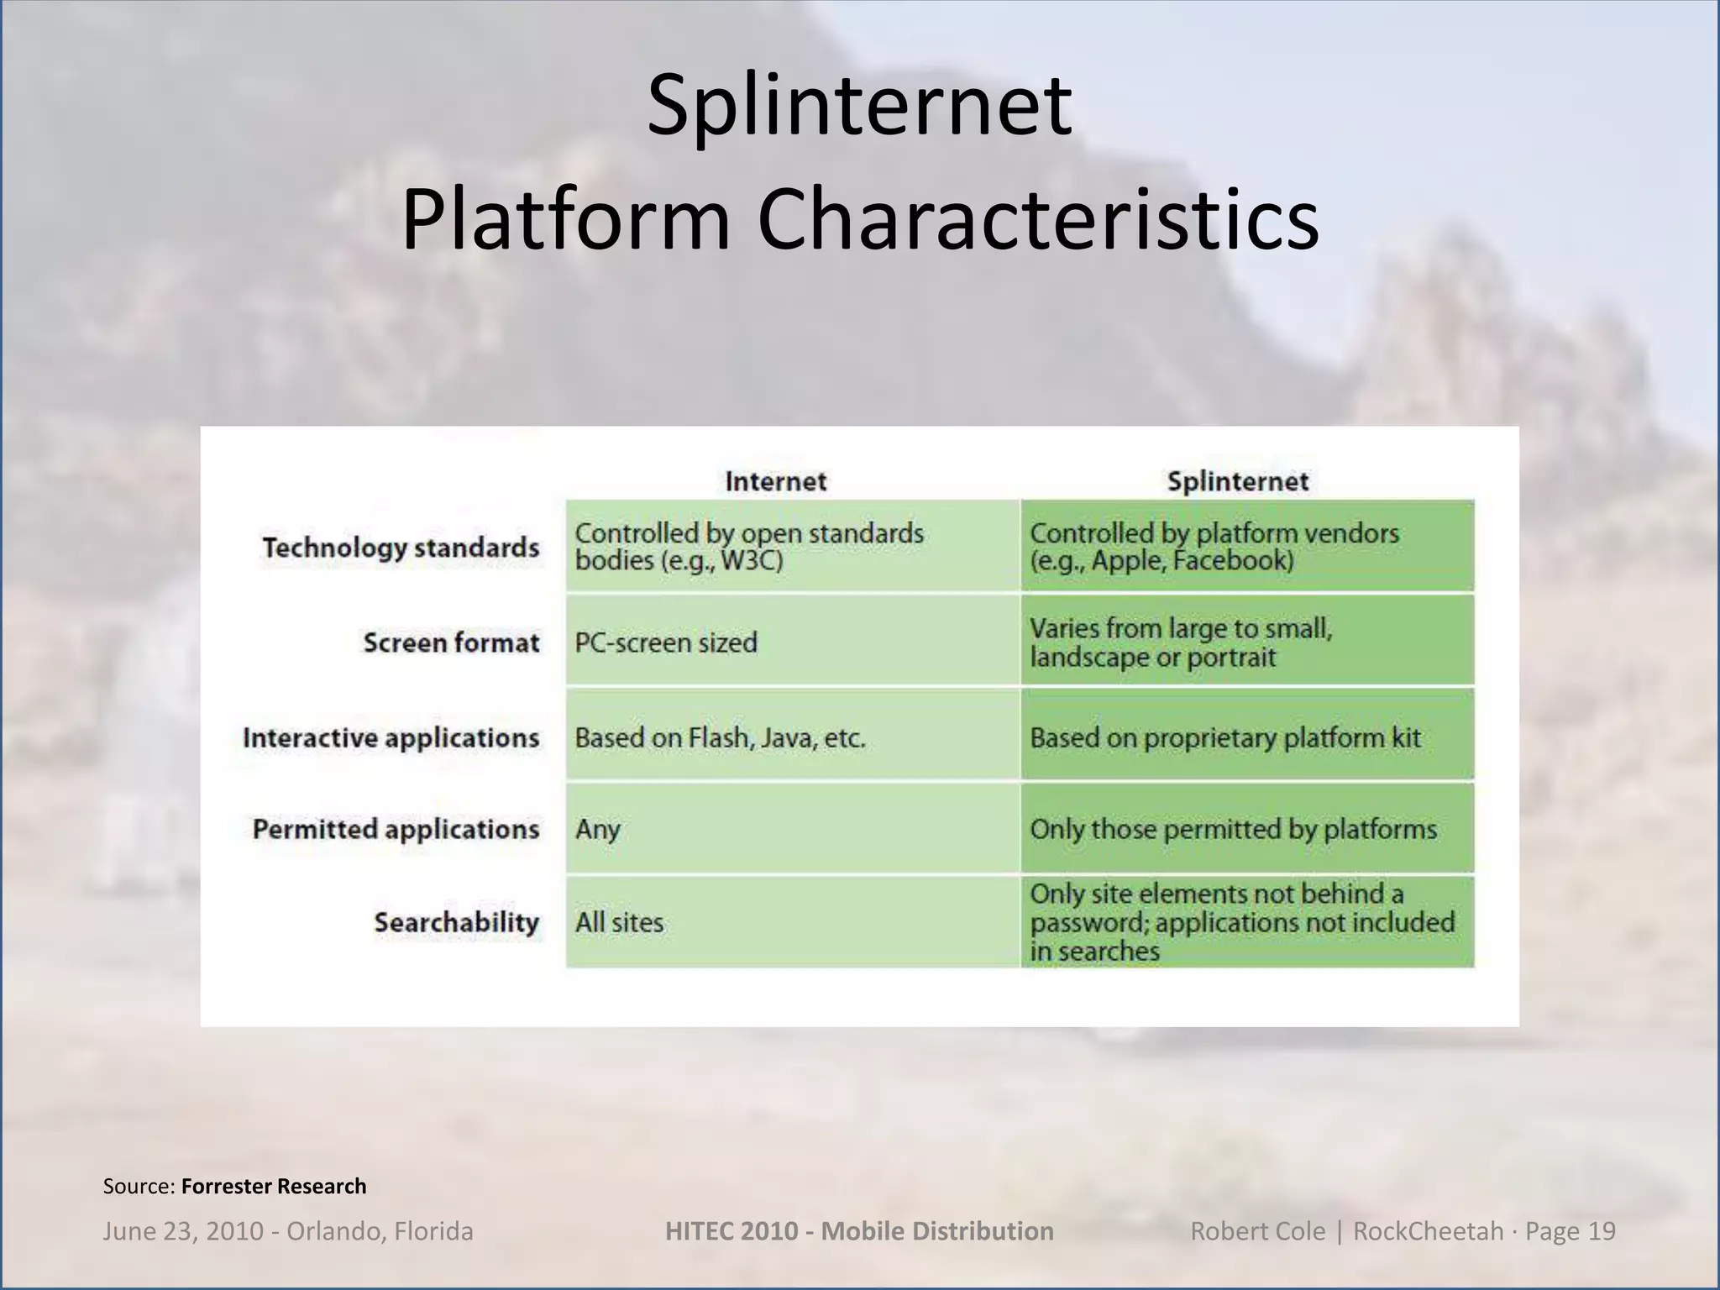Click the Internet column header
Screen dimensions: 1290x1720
(x=775, y=481)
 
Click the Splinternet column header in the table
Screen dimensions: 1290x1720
(x=1237, y=481)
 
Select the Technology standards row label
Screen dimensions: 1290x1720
(x=401, y=548)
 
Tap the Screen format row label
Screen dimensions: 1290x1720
(x=451, y=642)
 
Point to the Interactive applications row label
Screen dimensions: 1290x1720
(x=391, y=737)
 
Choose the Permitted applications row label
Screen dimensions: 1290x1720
(x=396, y=829)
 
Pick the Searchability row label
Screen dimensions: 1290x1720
(x=456, y=922)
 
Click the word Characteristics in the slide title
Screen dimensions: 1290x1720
(x=1037, y=220)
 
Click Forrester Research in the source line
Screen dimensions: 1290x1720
(x=274, y=1186)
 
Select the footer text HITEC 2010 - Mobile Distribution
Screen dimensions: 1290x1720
(x=859, y=1231)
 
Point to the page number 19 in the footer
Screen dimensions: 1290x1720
(x=1602, y=1231)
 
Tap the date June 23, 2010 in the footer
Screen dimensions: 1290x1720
(x=181, y=1231)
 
